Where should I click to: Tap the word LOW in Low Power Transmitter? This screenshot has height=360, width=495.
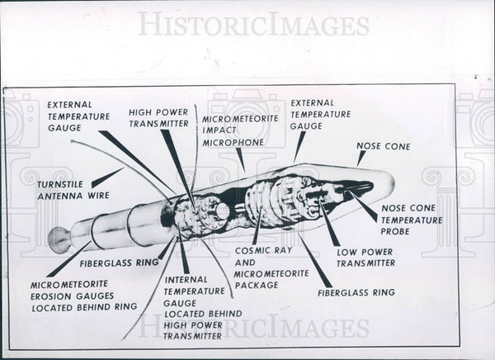pos(346,251)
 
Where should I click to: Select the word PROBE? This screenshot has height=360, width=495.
pos(396,231)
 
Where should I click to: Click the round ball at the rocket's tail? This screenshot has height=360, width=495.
pos(59,239)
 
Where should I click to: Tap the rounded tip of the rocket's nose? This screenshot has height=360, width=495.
pos(390,183)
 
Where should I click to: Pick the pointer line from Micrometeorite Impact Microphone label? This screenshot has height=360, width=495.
pos(240,159)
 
